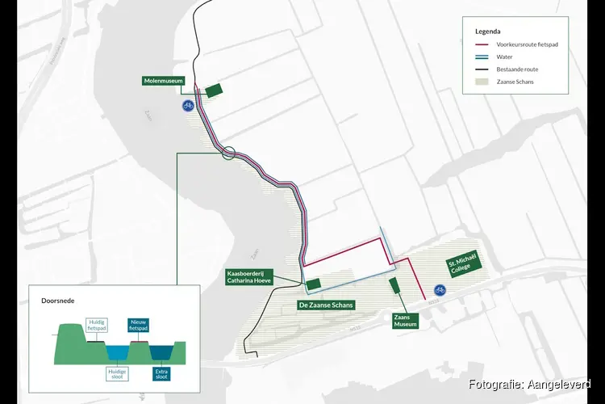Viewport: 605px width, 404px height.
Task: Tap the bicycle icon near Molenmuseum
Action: [x=188, y=105]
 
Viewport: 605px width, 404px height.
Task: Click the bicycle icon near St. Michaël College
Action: [x=440, y=289]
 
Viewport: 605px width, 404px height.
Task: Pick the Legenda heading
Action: [x=489, y=31]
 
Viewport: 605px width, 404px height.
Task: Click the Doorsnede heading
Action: [x=58, y=300]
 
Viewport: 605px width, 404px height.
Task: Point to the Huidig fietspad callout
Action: [x=97, y=326]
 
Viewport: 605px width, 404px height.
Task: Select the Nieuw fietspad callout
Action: [x=139, y=326]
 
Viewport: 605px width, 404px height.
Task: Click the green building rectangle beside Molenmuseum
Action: [x=214, y=90]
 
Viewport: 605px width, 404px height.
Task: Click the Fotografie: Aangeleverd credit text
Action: [x=529, y=384]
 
